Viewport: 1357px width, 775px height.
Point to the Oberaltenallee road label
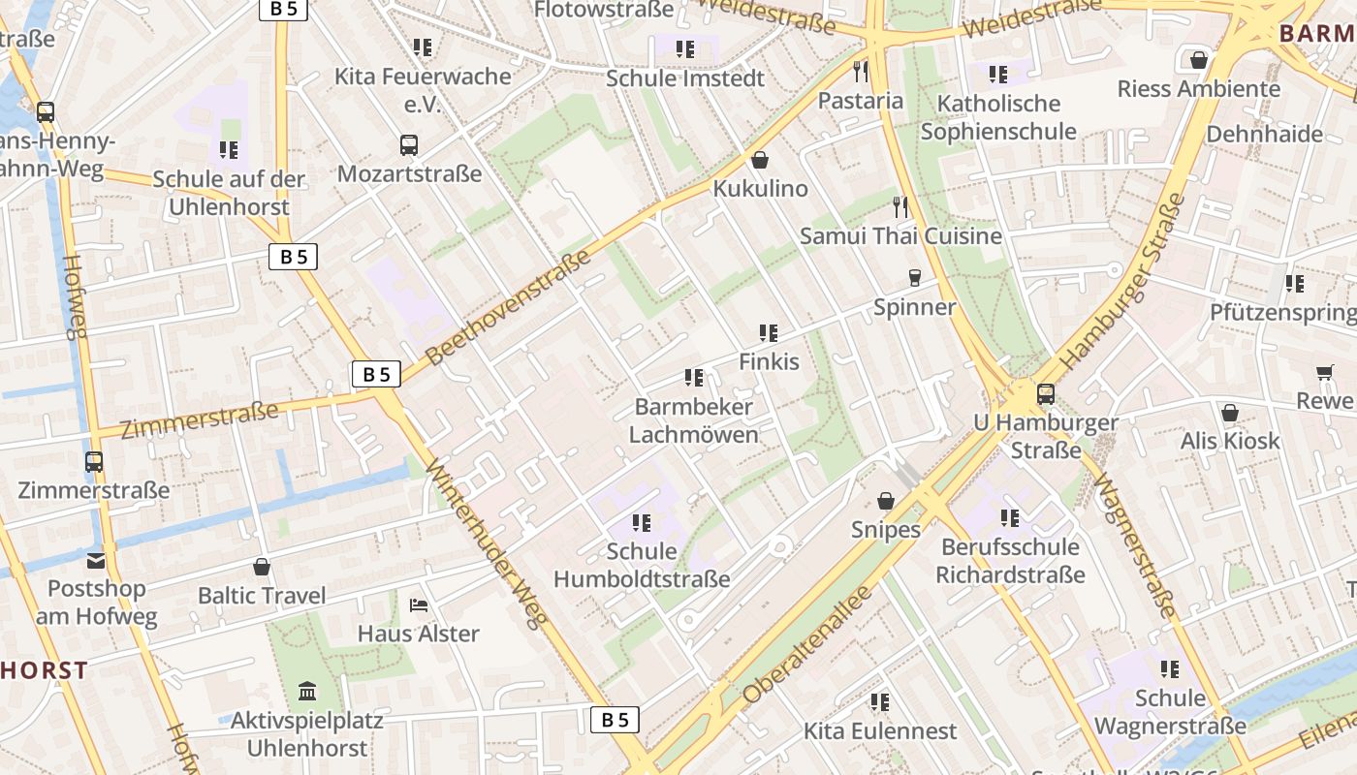[x=807, y=645]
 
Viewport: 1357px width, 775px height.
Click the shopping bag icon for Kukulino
[x=760, y=160]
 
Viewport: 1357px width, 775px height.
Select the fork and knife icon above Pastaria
[x=860, y=71]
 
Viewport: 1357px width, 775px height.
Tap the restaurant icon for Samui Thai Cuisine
[x=900, y=206]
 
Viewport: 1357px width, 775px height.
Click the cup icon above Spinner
[x=914, y=279]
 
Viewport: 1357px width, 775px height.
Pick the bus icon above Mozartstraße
[x=409, y=145]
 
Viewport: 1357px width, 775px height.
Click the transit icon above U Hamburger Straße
[x=1045, y=394]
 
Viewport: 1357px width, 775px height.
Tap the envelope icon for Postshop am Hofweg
[x=96, y=560]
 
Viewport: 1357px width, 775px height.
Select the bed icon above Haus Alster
[x=419, y=605]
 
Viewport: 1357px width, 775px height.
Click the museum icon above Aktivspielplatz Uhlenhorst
[x=307, y=692]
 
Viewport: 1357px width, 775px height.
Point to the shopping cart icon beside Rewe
[x=1325, y=373]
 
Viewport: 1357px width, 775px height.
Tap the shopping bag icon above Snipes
[x=886, y=501]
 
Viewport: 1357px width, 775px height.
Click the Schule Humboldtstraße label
[x=641, y=566]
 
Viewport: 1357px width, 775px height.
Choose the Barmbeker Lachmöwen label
[x=693, y=420]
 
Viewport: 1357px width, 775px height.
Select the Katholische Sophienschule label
[x=998, y=117]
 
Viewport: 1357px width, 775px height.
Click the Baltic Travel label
[x=262, y=595]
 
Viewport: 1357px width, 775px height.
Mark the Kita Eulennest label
[x=880, y=730]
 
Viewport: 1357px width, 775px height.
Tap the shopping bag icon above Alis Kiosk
[x=1229, y=414]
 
